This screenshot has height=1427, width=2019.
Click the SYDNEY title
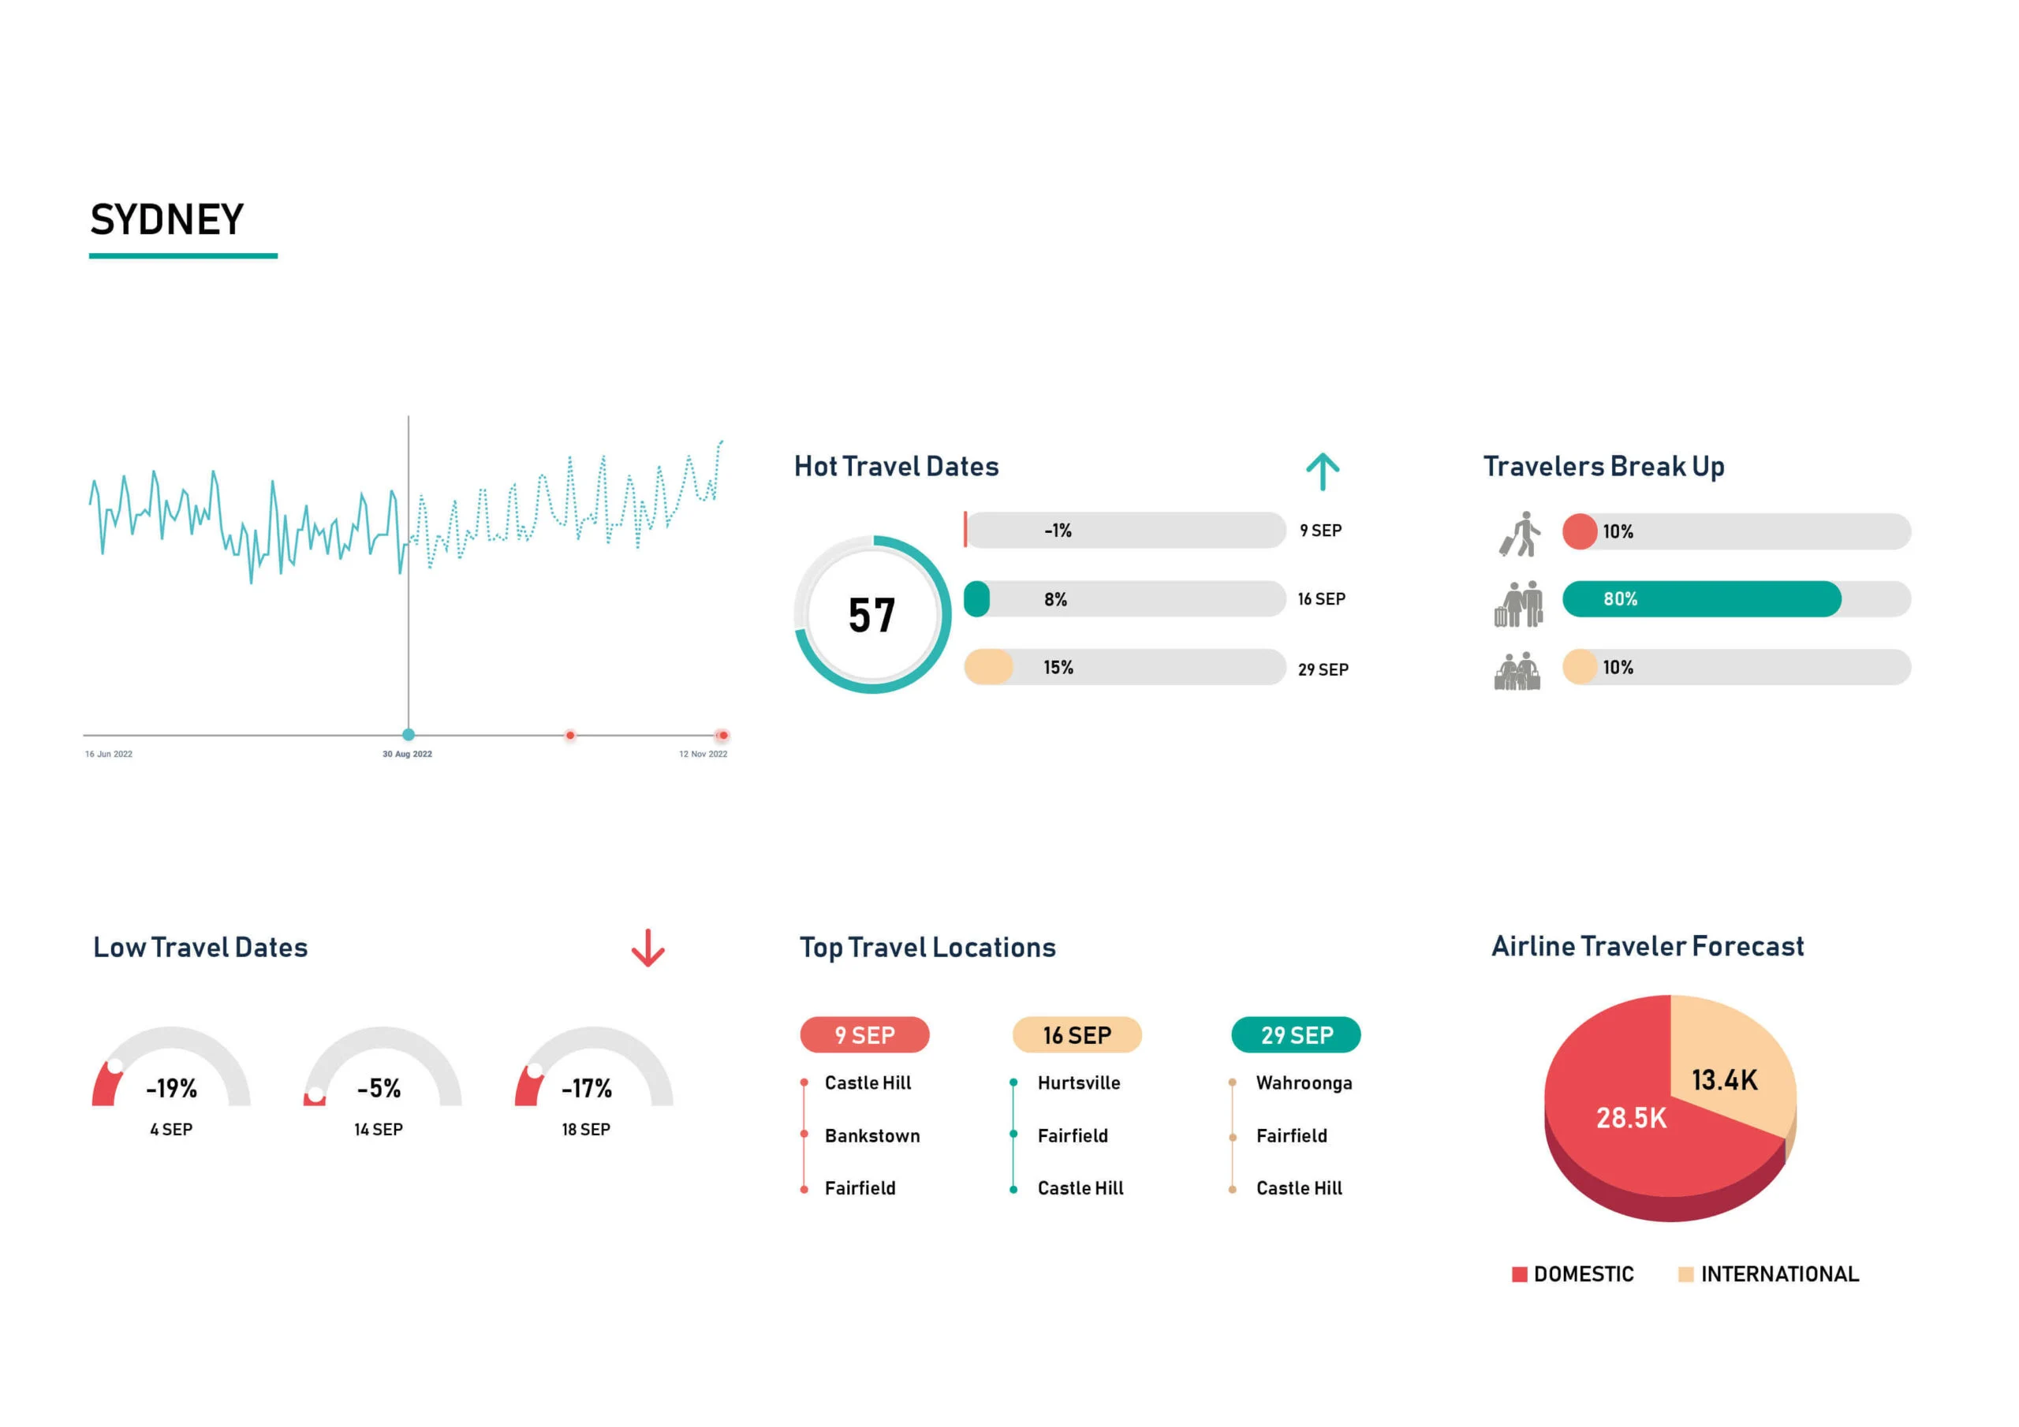coord(167,220)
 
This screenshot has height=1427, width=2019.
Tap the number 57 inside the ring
coord(871,616)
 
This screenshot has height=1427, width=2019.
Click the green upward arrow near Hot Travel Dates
coord(1322,471)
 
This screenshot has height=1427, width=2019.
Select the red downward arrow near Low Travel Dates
coord(648,948)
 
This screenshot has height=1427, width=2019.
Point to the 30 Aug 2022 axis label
coord(407,754)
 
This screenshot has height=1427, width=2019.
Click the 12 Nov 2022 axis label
coord(703,754)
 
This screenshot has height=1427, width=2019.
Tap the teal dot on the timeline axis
coord(408,734)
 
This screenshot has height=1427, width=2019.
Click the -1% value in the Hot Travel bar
coord(1058,530)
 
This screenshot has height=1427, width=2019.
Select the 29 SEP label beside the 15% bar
coord(1323,669)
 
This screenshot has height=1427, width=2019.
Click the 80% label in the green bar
coord(1620,598)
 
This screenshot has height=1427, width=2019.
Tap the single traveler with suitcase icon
coord(1521,534)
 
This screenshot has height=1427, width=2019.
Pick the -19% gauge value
coord(171,1089)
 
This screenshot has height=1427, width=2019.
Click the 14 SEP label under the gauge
coord(378,1129)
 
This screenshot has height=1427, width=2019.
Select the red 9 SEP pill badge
coord(864,1035)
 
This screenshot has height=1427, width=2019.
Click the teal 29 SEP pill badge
coord(1296,1035)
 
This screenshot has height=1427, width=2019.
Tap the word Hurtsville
coord(1078,1082)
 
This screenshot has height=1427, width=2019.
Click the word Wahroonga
coord(1303,1082)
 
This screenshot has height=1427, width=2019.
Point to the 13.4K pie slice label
coord(1723,1079)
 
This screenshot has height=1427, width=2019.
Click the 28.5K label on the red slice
coord(1630,1117)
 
